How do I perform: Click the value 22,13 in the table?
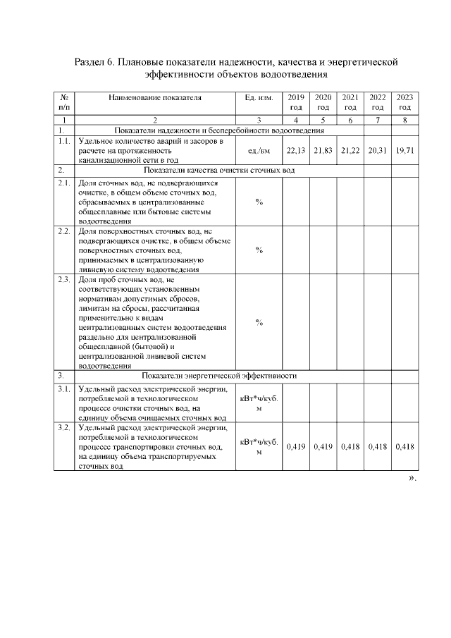296,151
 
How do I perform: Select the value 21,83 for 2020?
323,151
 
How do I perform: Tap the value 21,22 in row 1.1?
350,151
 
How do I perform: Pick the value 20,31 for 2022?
377,151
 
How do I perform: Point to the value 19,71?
404,151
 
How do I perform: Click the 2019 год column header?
296,102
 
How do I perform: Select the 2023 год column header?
404,102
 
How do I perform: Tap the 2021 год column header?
350,102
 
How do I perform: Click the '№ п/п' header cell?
63,102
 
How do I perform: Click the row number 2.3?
63,281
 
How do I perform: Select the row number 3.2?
63,427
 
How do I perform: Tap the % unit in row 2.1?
259,202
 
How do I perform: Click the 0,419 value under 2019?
296,447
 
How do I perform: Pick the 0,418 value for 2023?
404,447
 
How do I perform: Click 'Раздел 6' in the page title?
94,62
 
